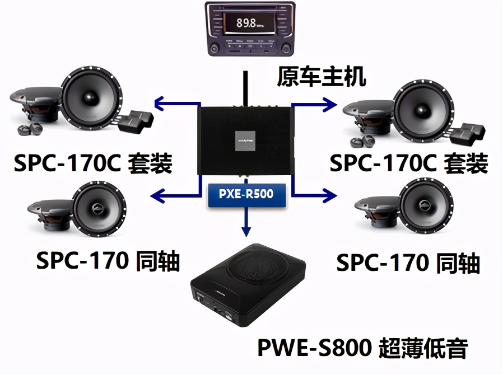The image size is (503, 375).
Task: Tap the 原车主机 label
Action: click(x=321, y=77)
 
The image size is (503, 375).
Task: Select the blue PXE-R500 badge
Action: click(x=247, y=195)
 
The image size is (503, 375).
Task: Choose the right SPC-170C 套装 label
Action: click(x=408, y=164)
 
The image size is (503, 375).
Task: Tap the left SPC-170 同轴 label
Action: click(x=108, y=260)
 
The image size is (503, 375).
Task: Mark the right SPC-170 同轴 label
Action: click(x=408, y=262)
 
